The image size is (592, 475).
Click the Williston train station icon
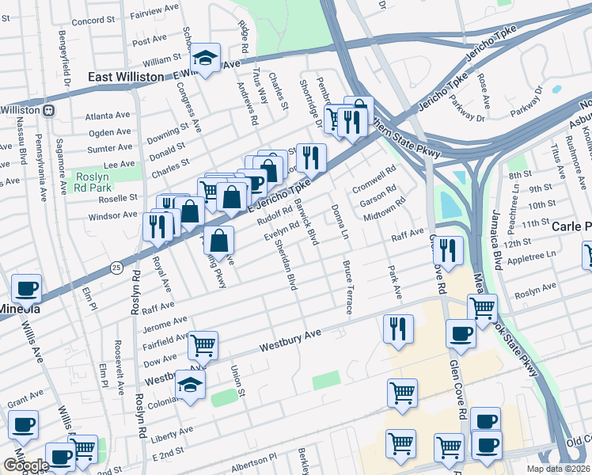coord(48,110)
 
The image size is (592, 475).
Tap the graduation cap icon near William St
coord(206,58)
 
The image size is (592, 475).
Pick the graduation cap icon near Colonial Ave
coord(190,386)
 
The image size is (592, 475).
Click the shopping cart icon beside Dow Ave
coord(203,344)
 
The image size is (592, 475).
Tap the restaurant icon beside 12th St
coord(448,250)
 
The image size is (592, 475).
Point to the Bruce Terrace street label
coord(347,287)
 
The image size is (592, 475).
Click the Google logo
coord(26,465)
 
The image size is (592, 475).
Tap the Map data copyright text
coord(560,469)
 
